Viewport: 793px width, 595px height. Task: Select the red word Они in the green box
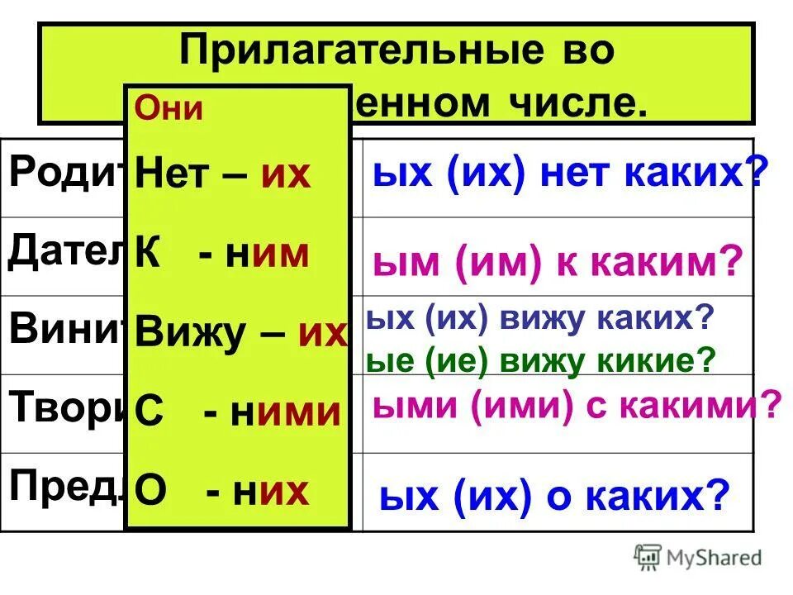[x=169, y=110]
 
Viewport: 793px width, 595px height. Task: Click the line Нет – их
[x=222, y=174]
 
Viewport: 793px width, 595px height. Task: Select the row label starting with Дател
[x=66, y=253]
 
